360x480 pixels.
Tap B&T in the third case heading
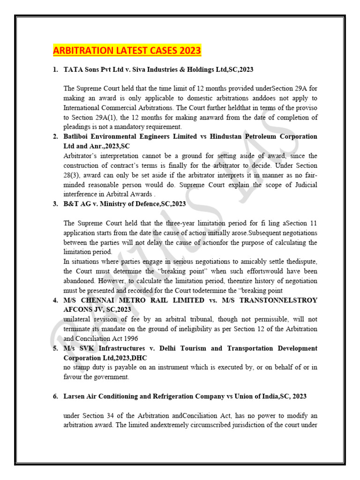click(72, 204)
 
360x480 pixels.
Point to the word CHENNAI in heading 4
click(101, 300)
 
